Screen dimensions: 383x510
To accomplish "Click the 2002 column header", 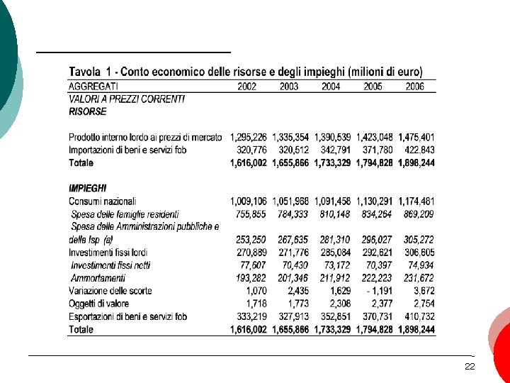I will [246, 87].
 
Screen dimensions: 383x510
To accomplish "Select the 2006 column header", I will [415, 87].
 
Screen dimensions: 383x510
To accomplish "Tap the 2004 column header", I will [331, 87].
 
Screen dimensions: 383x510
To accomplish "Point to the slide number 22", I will [469, 367].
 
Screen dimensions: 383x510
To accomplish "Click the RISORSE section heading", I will [87, 111].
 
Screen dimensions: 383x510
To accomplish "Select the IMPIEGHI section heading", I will [88, 188].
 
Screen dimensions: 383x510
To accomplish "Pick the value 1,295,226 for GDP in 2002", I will [249, 137].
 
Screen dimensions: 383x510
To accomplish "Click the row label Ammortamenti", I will [98, 278].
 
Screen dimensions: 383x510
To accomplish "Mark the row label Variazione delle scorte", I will [110, 291].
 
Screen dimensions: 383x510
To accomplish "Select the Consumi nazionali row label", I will [103, 201].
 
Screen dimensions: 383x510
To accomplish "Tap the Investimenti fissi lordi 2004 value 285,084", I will [334, 252].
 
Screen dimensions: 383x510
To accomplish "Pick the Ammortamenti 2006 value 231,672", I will [418, 278].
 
